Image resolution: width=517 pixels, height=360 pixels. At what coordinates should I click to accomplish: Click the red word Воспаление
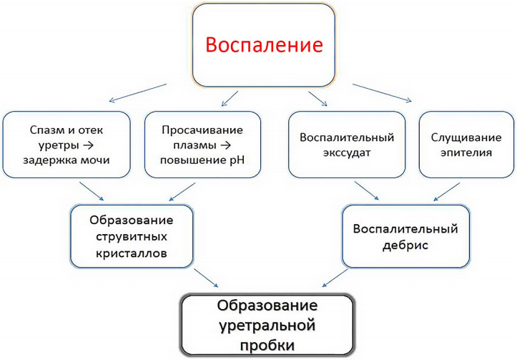pyautogui.click(x=264, y=45)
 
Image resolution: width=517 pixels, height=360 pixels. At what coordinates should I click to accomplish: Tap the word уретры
pyautogui.click(x=59, y=145)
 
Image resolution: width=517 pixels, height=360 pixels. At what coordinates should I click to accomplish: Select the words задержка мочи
pyautogui.click(x=67, y=160)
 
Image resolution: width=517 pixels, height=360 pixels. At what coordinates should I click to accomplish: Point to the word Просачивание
pyautogui.click(x=202, y=130)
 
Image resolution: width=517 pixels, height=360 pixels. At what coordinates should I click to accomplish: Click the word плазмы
pyautogui.click(x=195, y=145)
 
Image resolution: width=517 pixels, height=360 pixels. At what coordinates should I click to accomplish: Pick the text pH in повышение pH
pyautogui.click(x=237, y=160)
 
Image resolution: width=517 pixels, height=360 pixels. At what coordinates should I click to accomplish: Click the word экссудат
pyautogui.click(x=347, y=152)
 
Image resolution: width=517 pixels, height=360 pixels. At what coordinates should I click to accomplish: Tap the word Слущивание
pyautogui.click(x=466, y=137)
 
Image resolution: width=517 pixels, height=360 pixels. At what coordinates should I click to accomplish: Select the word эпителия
pyautogui.click(x=466, y=152)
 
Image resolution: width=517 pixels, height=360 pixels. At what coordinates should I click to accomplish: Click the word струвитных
pyautogui.click(x=132, y=237)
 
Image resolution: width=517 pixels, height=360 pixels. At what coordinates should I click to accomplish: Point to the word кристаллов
pyautogui.click(x=132, y=253)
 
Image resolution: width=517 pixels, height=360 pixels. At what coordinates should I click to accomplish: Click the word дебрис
pyautogui.click(x=405, y=245)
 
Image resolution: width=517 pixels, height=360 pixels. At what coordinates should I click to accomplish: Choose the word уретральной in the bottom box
pyautogui.click(x=267, y=326)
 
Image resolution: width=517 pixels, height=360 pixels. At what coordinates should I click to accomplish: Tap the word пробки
pyautogui.click(x=267, y=346)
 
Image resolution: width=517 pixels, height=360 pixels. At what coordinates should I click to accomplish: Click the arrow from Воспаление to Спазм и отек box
pyautogui.click(x=138, y=93)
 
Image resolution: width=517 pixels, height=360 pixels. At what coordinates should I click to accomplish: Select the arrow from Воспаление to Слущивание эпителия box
pyautogui.click(x=382, y=93)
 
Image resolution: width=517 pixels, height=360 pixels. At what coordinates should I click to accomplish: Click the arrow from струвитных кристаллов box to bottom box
pyautogui.click(x=206, y=278)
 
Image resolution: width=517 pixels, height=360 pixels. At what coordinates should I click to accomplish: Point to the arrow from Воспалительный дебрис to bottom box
pyautogui.click(x=335, y=278)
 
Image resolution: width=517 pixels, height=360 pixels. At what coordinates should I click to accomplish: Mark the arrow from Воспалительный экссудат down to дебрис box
pyautogui.click(x=367, y=190)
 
